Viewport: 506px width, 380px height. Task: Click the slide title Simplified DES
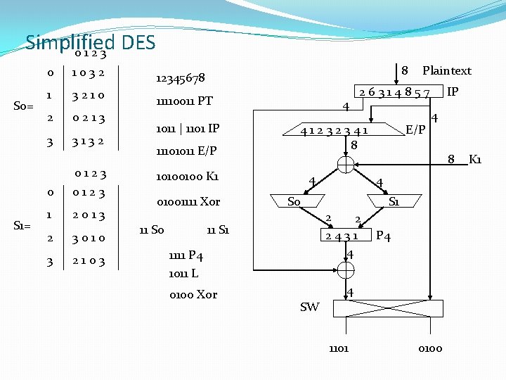coord(90,43)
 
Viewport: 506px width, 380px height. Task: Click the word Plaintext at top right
coord(446,70)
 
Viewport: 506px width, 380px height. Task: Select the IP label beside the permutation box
coord(453,91)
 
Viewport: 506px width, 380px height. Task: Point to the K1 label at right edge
coord(475,159)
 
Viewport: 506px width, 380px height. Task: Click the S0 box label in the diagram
coord(294,202)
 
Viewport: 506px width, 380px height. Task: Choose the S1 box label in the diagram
coord(394,202)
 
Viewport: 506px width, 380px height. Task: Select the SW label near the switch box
coord(309,307)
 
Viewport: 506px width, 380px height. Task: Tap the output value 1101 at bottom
coord(338,348)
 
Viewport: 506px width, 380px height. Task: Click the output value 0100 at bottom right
coord(430,348)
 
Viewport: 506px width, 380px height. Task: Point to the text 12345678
coord(180,77)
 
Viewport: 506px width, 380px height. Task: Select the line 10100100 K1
coord(187,176)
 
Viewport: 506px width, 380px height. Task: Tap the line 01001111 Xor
coord(188,202)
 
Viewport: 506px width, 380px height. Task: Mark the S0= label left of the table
coord(23,107)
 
